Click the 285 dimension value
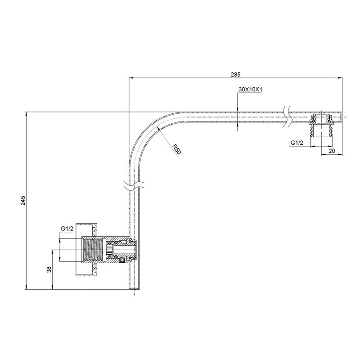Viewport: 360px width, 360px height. point(236,74)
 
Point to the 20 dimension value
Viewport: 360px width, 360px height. point(332,151)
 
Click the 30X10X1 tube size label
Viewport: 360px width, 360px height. point(250,90)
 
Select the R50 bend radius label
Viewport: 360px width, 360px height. point(176,148)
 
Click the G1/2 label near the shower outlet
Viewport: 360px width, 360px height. point(297,143)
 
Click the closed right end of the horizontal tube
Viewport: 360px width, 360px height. point(342,117)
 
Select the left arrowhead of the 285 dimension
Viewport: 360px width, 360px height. point(131,78)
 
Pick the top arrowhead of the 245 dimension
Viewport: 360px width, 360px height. point(27,114)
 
